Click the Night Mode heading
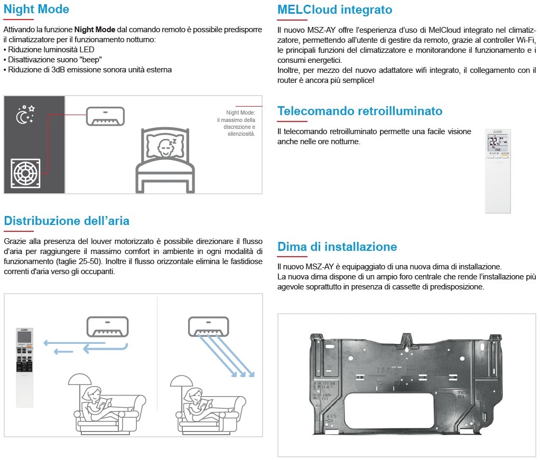(36, 10)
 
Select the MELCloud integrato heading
(334, 10)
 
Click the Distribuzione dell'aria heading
(67, 221)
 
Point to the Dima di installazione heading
(337, 247)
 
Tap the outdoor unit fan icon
(25, 173)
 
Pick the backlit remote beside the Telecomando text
(498, 171)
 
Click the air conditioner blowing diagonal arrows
(209, 326)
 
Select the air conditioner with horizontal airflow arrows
(107, 326)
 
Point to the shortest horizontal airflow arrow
(63, 352)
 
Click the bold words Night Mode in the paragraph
(95, 30)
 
